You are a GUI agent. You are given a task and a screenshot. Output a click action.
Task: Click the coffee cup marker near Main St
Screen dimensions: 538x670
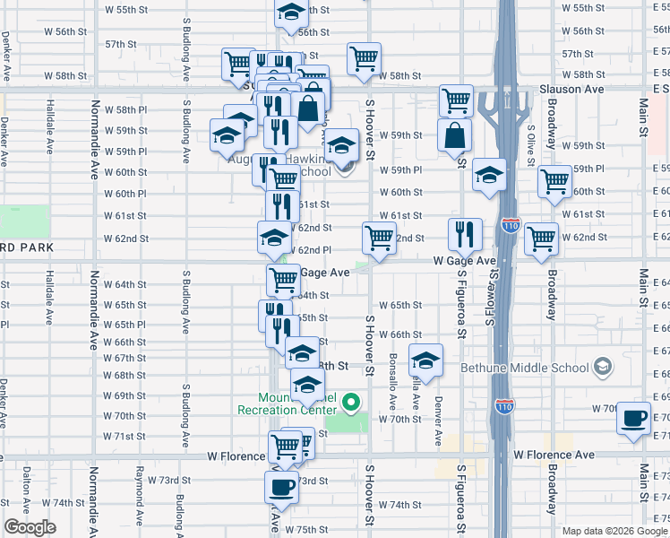coord(633,418)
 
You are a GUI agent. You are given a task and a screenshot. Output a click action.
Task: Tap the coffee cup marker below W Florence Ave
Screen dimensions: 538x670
coord(281,488)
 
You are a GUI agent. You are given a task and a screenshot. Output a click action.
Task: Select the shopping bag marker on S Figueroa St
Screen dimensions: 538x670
coord(456,135)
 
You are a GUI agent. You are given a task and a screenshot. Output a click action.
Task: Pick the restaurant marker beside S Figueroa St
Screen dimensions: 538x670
coord(465,234)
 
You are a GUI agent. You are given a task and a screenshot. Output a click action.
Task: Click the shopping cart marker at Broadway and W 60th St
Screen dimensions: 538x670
coord(555,181)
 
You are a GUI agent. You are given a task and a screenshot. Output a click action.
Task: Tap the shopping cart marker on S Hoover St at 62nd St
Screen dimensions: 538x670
coord(379,239)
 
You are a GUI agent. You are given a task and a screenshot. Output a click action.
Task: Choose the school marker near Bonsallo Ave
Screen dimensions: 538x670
coord(425,360)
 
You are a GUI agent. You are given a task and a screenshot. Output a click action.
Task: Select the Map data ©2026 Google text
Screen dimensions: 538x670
coord(614,531)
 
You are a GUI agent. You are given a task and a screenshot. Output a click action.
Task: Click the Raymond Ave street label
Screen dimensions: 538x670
coord(140,493)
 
